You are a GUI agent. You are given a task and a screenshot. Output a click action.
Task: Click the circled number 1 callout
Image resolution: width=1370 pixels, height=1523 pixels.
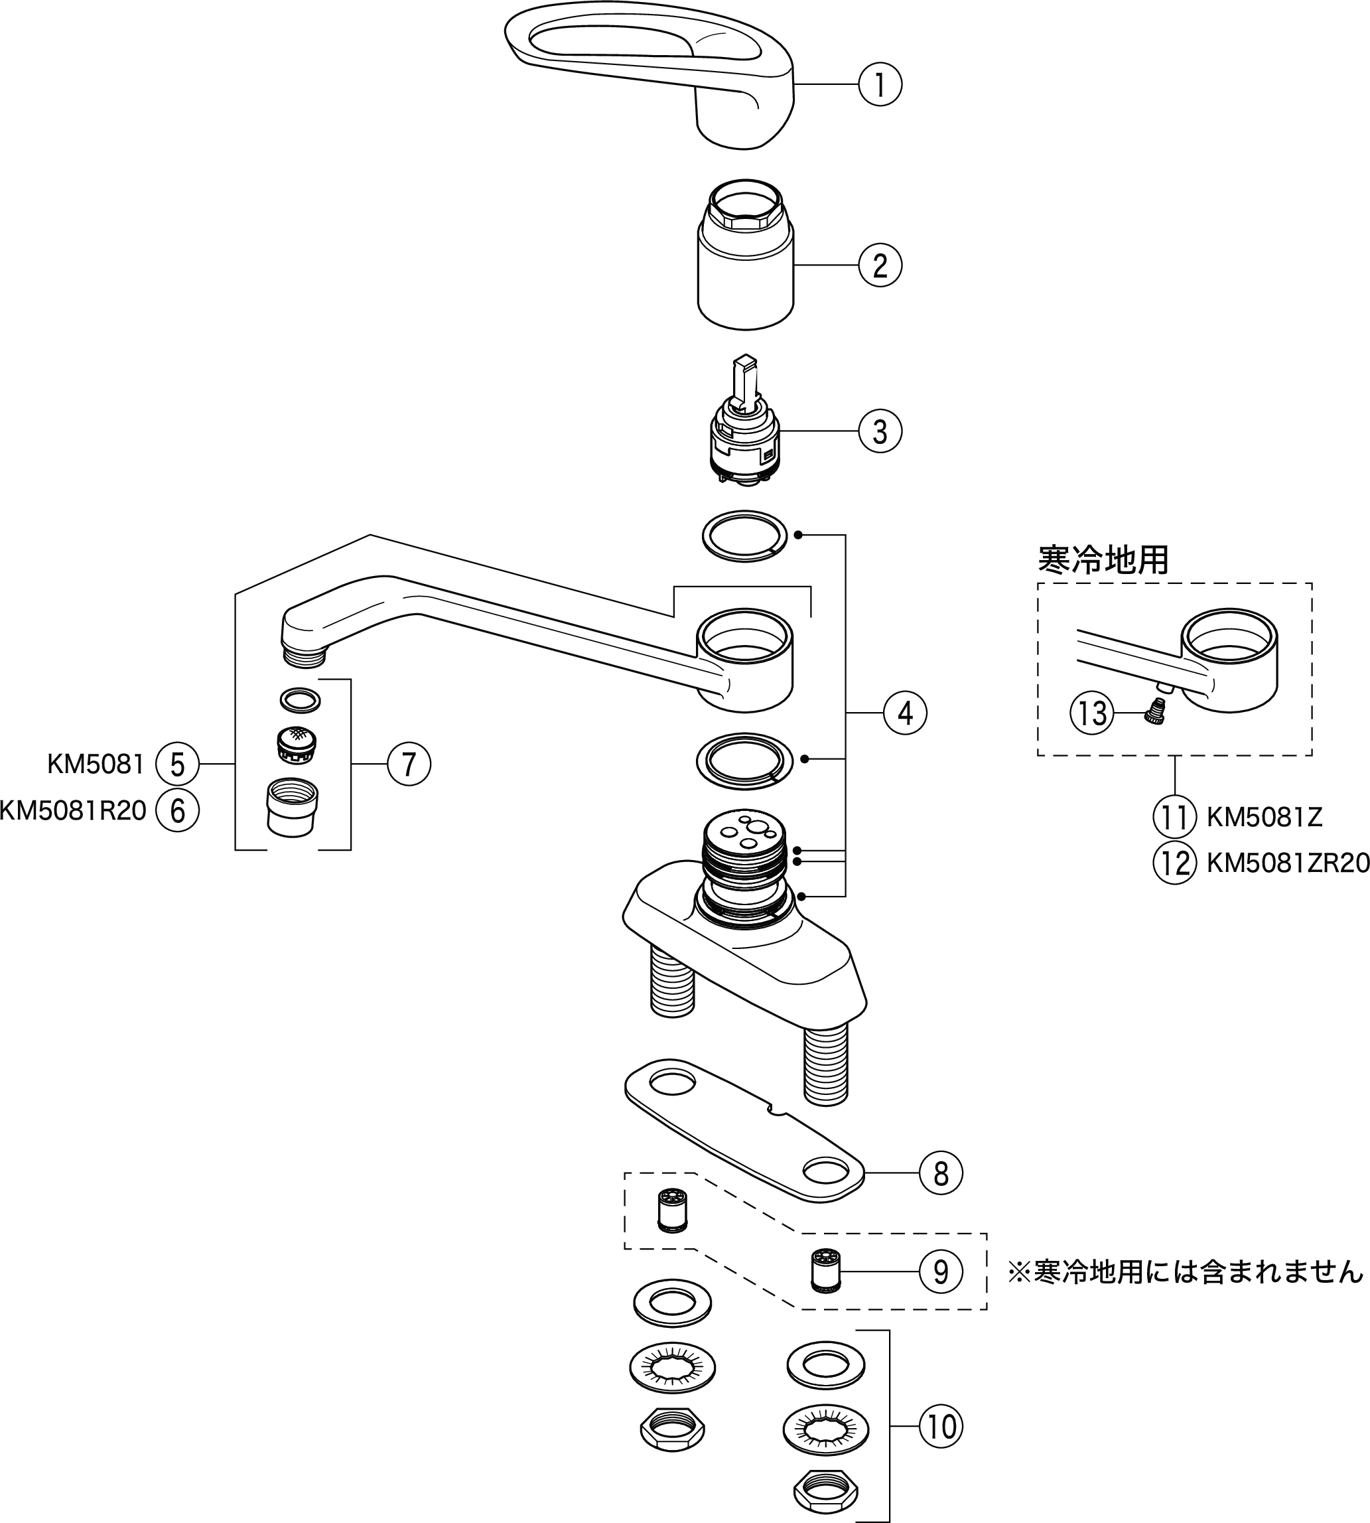(x=879, y=84)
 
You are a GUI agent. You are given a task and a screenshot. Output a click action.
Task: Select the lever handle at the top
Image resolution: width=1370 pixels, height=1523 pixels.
(x=662, y=72)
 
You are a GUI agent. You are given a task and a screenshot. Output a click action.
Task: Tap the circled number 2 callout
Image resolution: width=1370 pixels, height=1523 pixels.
(x=879, y=265)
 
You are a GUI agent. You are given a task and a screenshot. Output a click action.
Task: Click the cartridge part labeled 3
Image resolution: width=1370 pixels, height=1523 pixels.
(x=745, y=433)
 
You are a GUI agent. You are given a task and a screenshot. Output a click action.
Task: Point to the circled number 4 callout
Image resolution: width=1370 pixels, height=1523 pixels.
(x=905, y=712)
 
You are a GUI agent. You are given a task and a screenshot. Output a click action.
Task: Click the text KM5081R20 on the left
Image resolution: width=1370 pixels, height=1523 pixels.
(x=73, y=811)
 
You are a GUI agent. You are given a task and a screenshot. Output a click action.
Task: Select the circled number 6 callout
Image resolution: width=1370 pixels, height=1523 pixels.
(x=177, y=811)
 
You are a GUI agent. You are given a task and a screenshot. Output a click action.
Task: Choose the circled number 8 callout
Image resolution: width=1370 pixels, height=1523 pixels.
(x=940, y=1173)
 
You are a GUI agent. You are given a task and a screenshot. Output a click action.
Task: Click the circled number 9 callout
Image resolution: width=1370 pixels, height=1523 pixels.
(x=940, y=1271)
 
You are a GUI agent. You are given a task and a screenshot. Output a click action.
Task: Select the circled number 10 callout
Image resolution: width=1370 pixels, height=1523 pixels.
(x=940, y=1426)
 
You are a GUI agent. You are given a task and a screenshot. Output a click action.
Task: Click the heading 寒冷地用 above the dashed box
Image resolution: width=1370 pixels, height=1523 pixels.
(x=1103, y=559)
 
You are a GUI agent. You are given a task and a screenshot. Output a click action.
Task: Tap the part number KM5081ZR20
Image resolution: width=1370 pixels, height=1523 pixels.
(x=1288, y=863)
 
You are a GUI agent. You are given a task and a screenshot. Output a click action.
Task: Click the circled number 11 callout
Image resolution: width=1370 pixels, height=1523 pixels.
(x=1174, y=817)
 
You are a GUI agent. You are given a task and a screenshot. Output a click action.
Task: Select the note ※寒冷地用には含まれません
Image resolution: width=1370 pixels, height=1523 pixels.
(x=1186, y=1271)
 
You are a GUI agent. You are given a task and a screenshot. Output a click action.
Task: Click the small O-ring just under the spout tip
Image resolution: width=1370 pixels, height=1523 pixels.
(x=300, y=700)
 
